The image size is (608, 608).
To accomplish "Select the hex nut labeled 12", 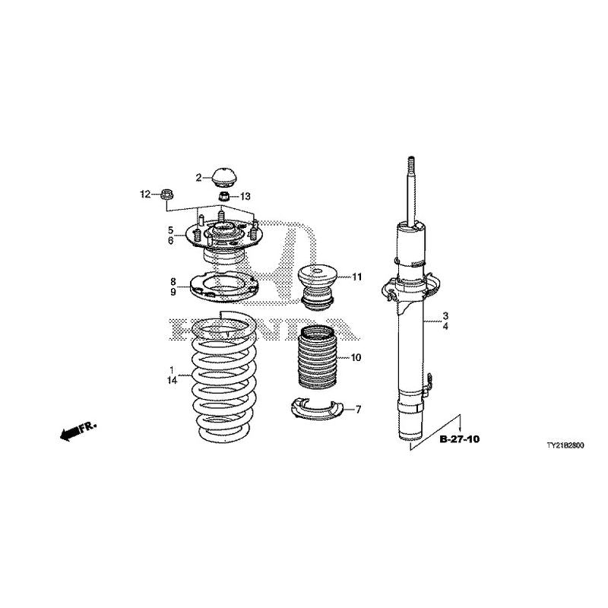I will pyautogui.click(x=168, y=195).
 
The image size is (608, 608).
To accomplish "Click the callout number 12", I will pyautogui.click(x=145, y=195).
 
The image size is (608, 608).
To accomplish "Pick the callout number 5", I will pyautogui.click(x=172, y=230).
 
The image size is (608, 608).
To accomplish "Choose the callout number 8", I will pyautogui.click(x=173, y=281).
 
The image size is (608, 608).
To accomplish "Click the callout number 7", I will pyautogui.click(x=358, y=410).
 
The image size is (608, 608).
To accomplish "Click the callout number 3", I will pyautogui.click(x=446, y=315).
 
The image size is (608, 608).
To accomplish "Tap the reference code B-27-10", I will pyautogui.click(x=459, y=439).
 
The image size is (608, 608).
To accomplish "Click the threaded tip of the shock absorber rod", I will pyautogui.click(x=410, y=166).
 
